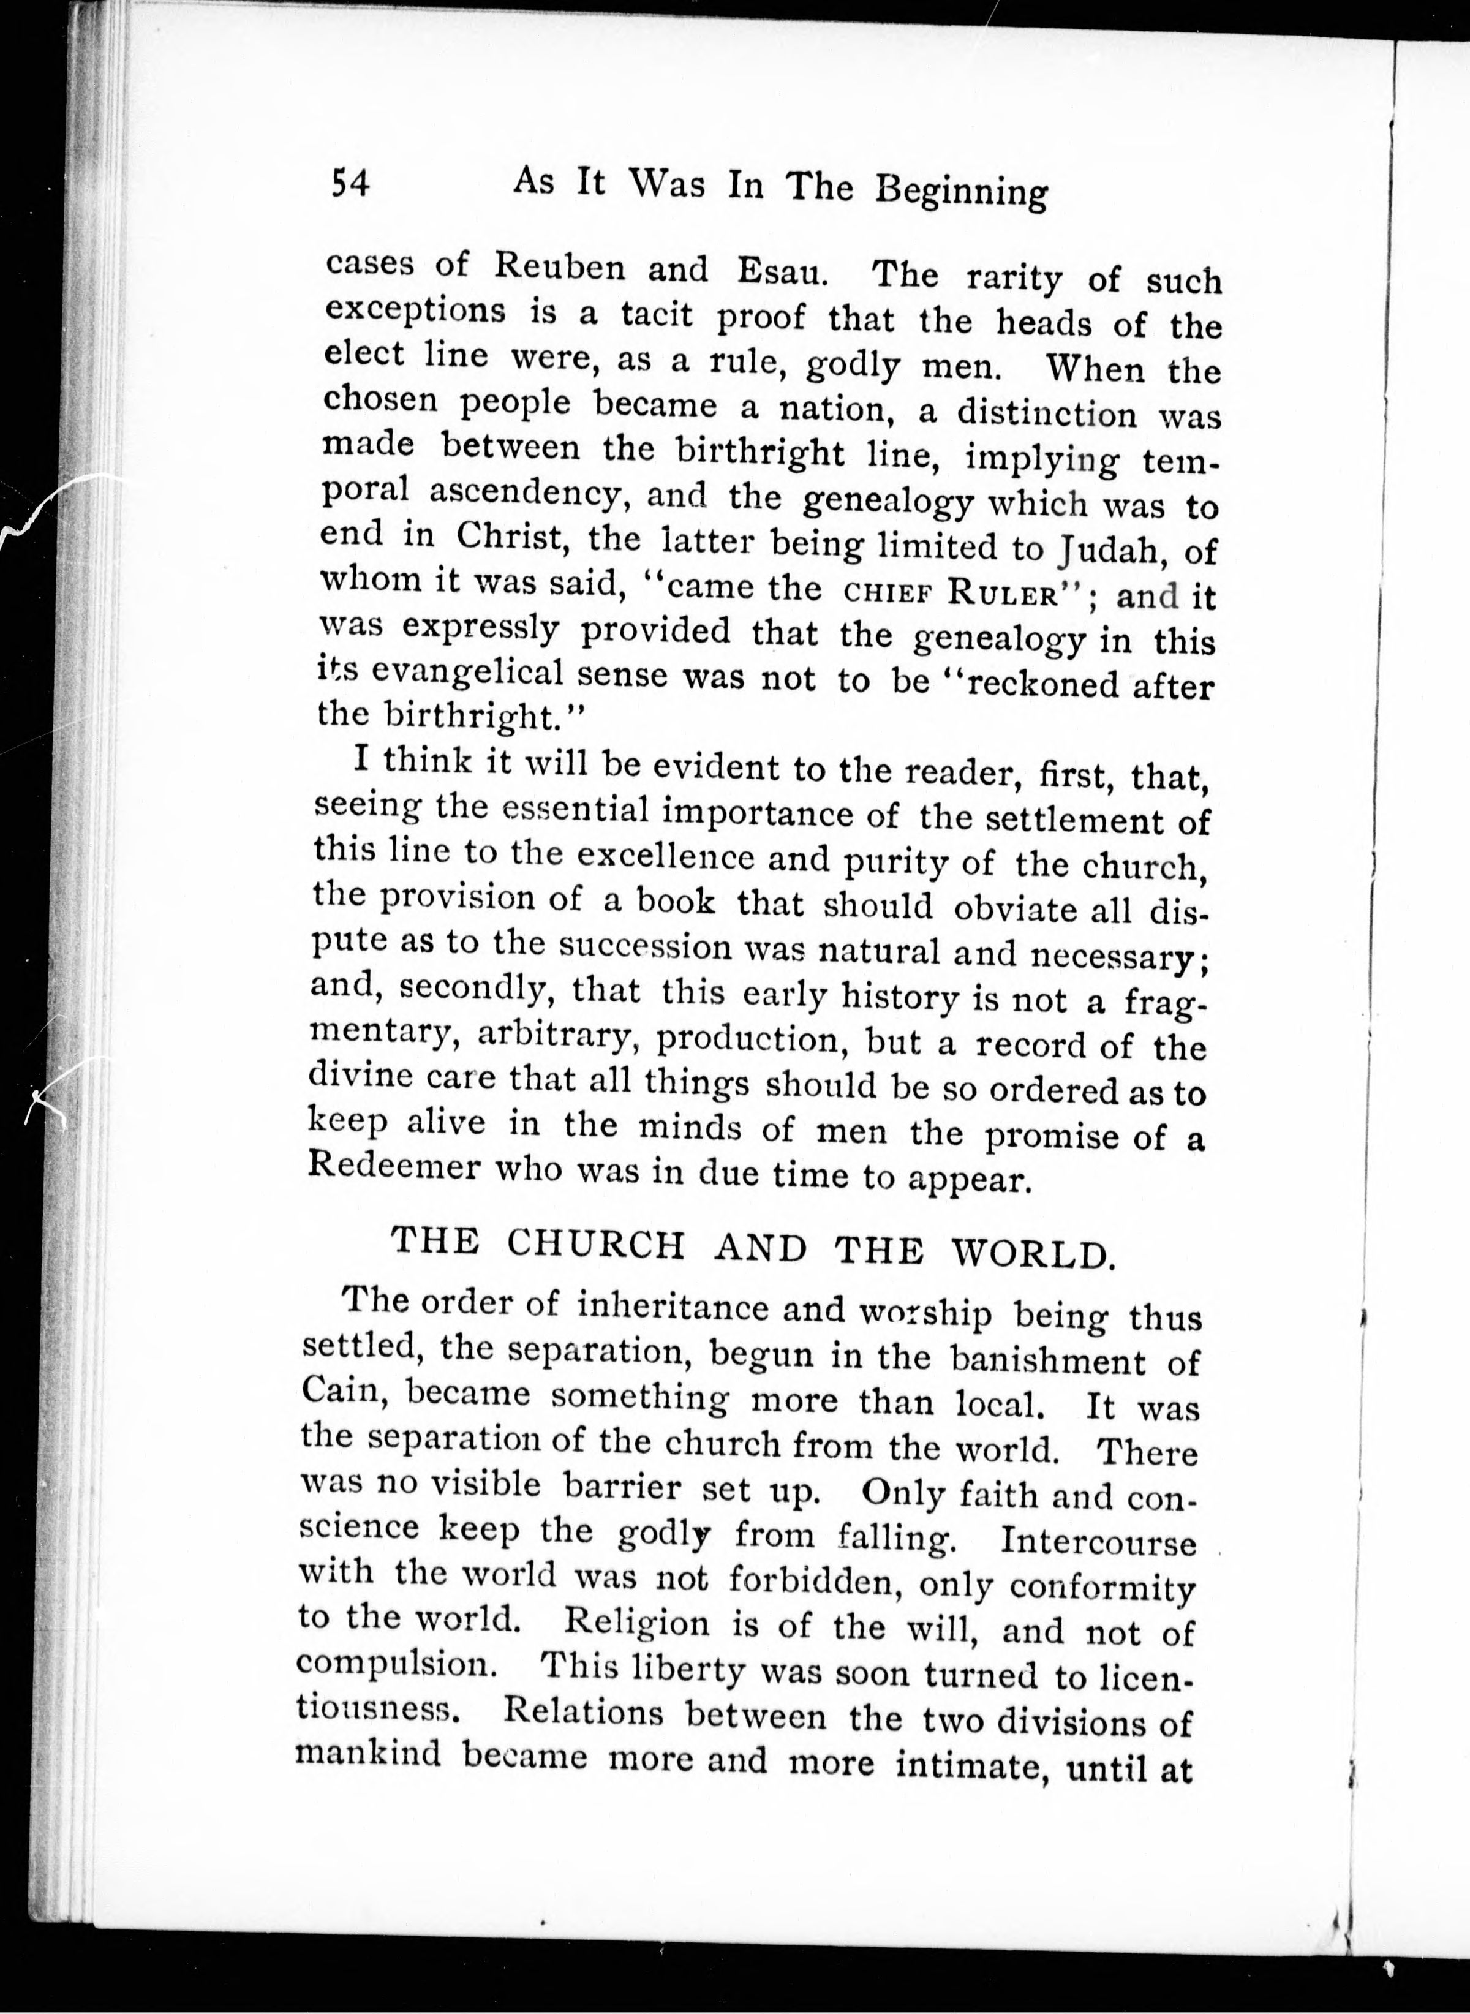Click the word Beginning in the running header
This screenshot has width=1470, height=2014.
961,190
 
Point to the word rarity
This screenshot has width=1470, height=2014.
1014,279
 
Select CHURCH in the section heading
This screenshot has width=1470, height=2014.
595,1243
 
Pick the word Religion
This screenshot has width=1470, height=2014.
637,1623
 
